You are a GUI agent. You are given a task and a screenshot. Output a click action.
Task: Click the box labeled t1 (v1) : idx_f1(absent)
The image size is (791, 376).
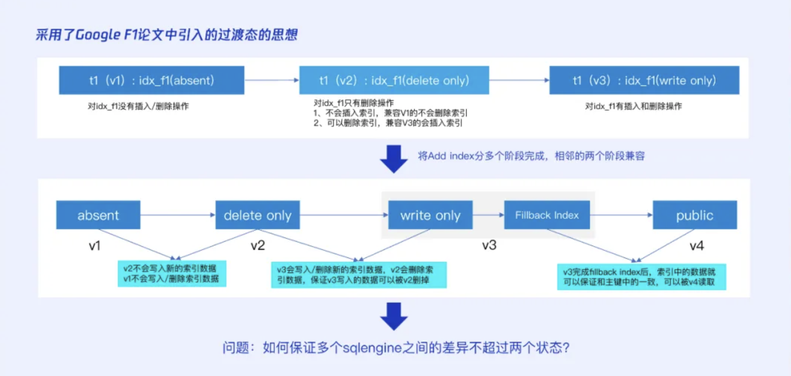point(151,80)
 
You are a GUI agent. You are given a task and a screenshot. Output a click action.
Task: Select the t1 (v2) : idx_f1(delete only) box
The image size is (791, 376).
point(394,80)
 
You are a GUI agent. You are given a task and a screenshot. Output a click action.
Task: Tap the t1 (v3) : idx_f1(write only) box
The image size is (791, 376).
point(644,80)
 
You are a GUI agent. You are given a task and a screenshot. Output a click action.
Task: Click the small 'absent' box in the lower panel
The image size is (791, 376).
point(98,215)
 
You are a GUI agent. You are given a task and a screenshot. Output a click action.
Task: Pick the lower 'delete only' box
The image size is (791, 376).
point(257,215)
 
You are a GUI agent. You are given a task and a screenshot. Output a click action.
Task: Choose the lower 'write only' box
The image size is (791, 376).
point(430,215)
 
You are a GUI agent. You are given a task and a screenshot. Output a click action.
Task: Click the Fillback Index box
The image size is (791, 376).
point(547,215)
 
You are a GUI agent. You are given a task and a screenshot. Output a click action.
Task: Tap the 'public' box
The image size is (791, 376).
point(695,215)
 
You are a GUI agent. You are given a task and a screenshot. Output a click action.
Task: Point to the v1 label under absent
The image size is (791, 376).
point(95,245)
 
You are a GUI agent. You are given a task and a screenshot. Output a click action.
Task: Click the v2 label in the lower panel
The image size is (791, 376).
point(258,245)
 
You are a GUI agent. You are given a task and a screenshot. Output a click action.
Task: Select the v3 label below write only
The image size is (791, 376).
point(489,245)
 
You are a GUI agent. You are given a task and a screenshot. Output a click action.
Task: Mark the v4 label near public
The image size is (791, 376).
point(696,245)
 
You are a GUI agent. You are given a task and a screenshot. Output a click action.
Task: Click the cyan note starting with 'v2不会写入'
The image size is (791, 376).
point(172,274)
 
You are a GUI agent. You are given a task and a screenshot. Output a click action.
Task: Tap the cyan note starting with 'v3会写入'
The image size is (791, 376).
point(359,275)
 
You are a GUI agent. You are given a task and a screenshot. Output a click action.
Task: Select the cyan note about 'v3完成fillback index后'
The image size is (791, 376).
point(641,277)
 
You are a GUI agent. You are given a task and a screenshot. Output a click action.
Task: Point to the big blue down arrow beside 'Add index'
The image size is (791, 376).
point(394,159)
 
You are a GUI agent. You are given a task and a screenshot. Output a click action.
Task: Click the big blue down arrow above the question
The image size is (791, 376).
point(394,316)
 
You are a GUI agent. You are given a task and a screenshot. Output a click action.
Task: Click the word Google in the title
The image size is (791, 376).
point(98,35)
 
